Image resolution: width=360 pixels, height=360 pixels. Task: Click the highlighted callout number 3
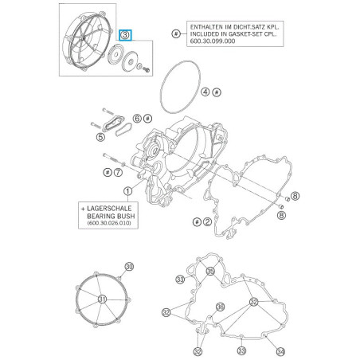126,35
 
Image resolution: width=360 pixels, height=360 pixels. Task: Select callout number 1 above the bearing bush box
127,191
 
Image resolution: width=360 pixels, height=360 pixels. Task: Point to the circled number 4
205,92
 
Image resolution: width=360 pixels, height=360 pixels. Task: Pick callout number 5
100,137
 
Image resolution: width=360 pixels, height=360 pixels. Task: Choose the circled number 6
137,118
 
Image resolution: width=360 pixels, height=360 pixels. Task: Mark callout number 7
118,171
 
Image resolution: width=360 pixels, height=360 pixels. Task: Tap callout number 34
280,350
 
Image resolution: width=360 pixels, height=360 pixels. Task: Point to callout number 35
210,272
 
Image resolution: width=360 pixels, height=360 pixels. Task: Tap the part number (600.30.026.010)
108,225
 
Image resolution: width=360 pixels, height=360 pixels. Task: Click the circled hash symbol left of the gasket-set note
175,31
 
